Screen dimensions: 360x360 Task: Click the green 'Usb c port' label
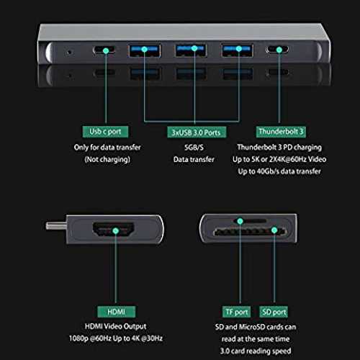[105, 132]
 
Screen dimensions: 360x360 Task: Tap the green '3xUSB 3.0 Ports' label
[197, 132]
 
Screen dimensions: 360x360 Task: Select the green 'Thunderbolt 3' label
[281, 132]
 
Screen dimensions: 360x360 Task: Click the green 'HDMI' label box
[117, 312]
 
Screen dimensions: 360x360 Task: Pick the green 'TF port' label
[237, 312]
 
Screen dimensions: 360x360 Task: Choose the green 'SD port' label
[274, 312]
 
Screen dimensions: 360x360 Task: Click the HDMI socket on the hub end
[113, 230]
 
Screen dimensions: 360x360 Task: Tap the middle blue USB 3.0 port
[191, 50]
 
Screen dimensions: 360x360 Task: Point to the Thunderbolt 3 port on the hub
[277, 50]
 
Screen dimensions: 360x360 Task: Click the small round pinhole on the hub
[70, 52]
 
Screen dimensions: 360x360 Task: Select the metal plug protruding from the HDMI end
[56, 226]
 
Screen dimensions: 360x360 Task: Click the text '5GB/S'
[194, 148]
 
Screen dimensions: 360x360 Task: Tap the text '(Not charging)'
[107, 159]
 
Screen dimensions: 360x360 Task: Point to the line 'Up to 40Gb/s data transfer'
[279, 171]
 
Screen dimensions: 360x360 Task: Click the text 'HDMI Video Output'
[116, 326]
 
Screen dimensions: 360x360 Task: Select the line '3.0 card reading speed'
[256, 351]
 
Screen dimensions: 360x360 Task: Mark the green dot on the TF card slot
[240, 221]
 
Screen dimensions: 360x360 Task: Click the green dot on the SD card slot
[274, 230]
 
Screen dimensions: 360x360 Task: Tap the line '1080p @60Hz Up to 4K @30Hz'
[116, 338]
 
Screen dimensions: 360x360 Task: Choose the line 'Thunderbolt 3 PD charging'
[279, 148]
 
